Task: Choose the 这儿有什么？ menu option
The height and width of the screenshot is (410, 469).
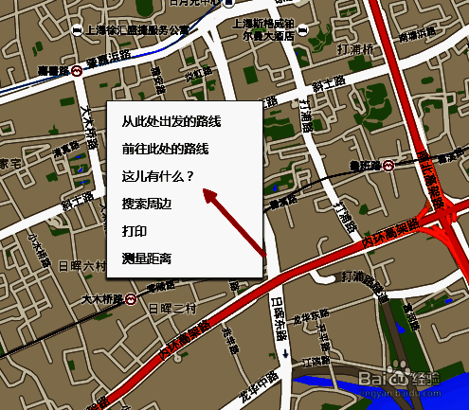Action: [x=157, y=176]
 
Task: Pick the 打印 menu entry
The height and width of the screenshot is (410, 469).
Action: [x=134, y=230]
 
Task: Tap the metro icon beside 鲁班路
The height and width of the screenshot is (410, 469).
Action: [x=388, y=166]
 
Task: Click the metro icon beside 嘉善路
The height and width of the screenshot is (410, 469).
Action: [x=76, y=70]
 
